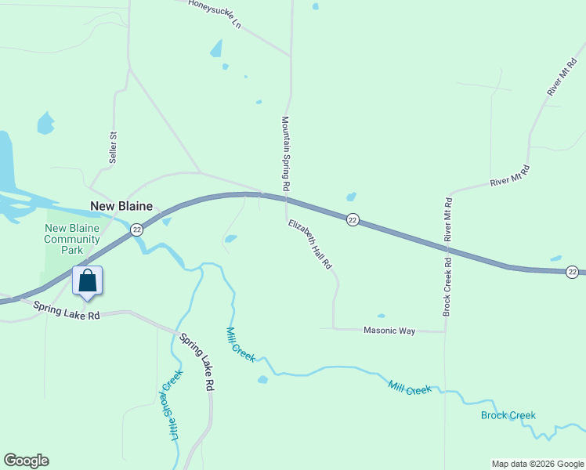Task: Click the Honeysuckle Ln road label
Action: coord(214,13)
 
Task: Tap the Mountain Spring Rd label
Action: coord(286,154)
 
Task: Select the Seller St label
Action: coord(113,147)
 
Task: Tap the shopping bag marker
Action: coord(88,281)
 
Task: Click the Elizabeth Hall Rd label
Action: coord(310,245)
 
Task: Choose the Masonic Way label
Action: coord(389,331)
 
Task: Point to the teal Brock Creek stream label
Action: coord(508,415)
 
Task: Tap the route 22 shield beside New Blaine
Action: coord(137,230)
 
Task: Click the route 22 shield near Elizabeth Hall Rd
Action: coord(353,221)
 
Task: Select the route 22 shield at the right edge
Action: coord(573,272)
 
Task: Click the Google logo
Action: coord(26,461)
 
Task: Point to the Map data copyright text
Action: coord(537,464)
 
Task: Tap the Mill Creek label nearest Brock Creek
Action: coord(410,387)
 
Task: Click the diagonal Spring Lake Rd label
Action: coord(197,363)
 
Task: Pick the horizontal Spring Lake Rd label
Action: coord(67,312)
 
